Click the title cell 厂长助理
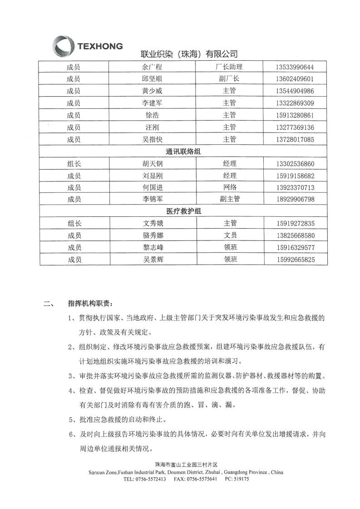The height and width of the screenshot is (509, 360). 229,67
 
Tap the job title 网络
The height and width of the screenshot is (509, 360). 230,187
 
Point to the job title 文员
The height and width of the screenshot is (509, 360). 230,235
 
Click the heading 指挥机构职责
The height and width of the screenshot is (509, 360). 88,303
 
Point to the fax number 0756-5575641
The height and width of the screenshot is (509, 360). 202,479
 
